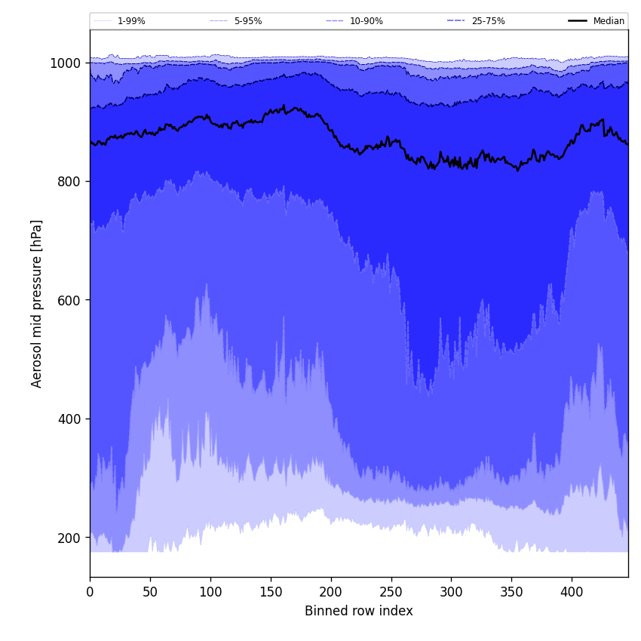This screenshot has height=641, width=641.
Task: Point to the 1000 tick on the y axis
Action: (x=66, y=63)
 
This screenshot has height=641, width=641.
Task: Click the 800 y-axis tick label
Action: (x=69, y=182)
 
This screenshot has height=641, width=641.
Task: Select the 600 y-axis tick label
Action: (x=69, y=300)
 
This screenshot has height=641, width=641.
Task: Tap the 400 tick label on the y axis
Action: (x=69, y=419)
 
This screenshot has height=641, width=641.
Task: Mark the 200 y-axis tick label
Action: (x=69, y=538)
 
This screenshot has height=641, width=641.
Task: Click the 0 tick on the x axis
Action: (x=90, y=593)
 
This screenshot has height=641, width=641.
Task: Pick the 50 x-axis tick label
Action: (x=150, y=593)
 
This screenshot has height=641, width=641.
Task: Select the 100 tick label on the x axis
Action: (x=210, y=593)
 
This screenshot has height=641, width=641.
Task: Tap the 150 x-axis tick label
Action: (x=271, y=593)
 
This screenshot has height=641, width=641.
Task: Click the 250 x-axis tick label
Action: (x=391, y=593)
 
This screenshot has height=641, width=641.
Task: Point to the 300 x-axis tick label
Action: (x=451, y=593)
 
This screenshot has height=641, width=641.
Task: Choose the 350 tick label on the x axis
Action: (x=511, y=593)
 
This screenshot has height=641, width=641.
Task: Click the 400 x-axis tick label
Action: (x=572, y=593)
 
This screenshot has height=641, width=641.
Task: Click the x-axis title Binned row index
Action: (x=359, y=612)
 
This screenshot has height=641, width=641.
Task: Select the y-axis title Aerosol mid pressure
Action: (x=37, y=303)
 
